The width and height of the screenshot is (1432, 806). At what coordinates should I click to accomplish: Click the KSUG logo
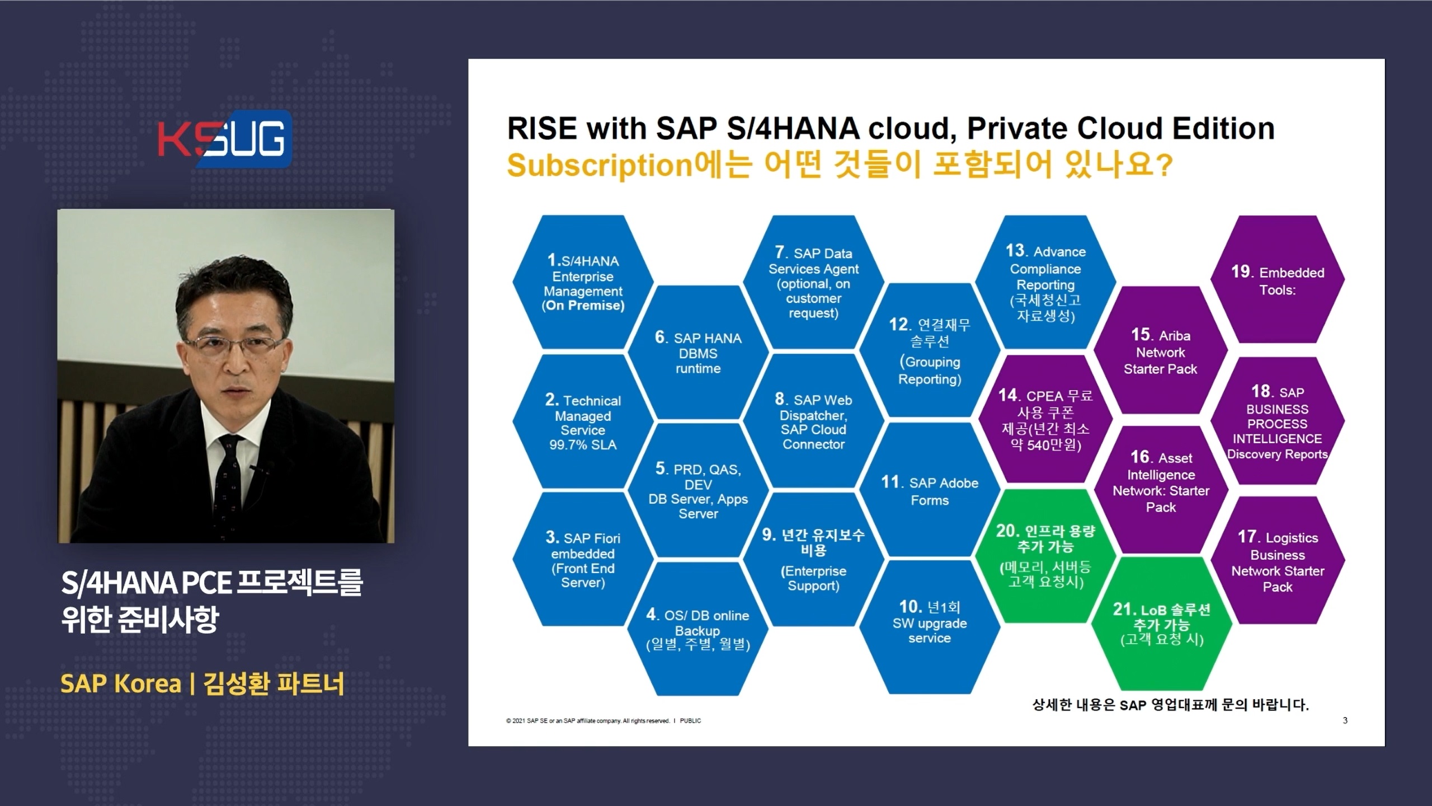(224, 139)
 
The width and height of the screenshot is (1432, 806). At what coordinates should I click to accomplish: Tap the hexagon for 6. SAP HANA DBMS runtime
(698, 352)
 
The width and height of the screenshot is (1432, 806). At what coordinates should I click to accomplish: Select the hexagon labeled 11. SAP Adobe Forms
(930, 490)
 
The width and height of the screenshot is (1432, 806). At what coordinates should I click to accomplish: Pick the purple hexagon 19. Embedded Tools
(1278, 279)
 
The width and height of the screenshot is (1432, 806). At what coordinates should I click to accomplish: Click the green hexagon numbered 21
(1161, 624)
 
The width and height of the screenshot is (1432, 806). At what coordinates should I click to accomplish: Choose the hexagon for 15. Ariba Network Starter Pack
(1161, 350)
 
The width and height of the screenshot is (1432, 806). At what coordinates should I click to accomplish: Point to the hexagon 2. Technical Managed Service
(583, 421)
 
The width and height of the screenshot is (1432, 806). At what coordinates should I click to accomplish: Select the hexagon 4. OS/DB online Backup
(698, 629)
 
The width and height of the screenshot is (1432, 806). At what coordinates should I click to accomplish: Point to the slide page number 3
(1345, 720)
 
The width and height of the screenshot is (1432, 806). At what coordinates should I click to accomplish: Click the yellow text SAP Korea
(121, 683)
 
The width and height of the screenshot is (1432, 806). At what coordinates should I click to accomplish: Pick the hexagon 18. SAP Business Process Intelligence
(1278, 421)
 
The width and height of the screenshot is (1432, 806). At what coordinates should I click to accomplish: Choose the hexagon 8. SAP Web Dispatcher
(814, 421)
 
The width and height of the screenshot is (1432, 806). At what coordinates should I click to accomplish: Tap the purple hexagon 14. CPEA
(1045, 419)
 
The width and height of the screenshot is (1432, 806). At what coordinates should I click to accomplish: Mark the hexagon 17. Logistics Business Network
(1278, 560)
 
